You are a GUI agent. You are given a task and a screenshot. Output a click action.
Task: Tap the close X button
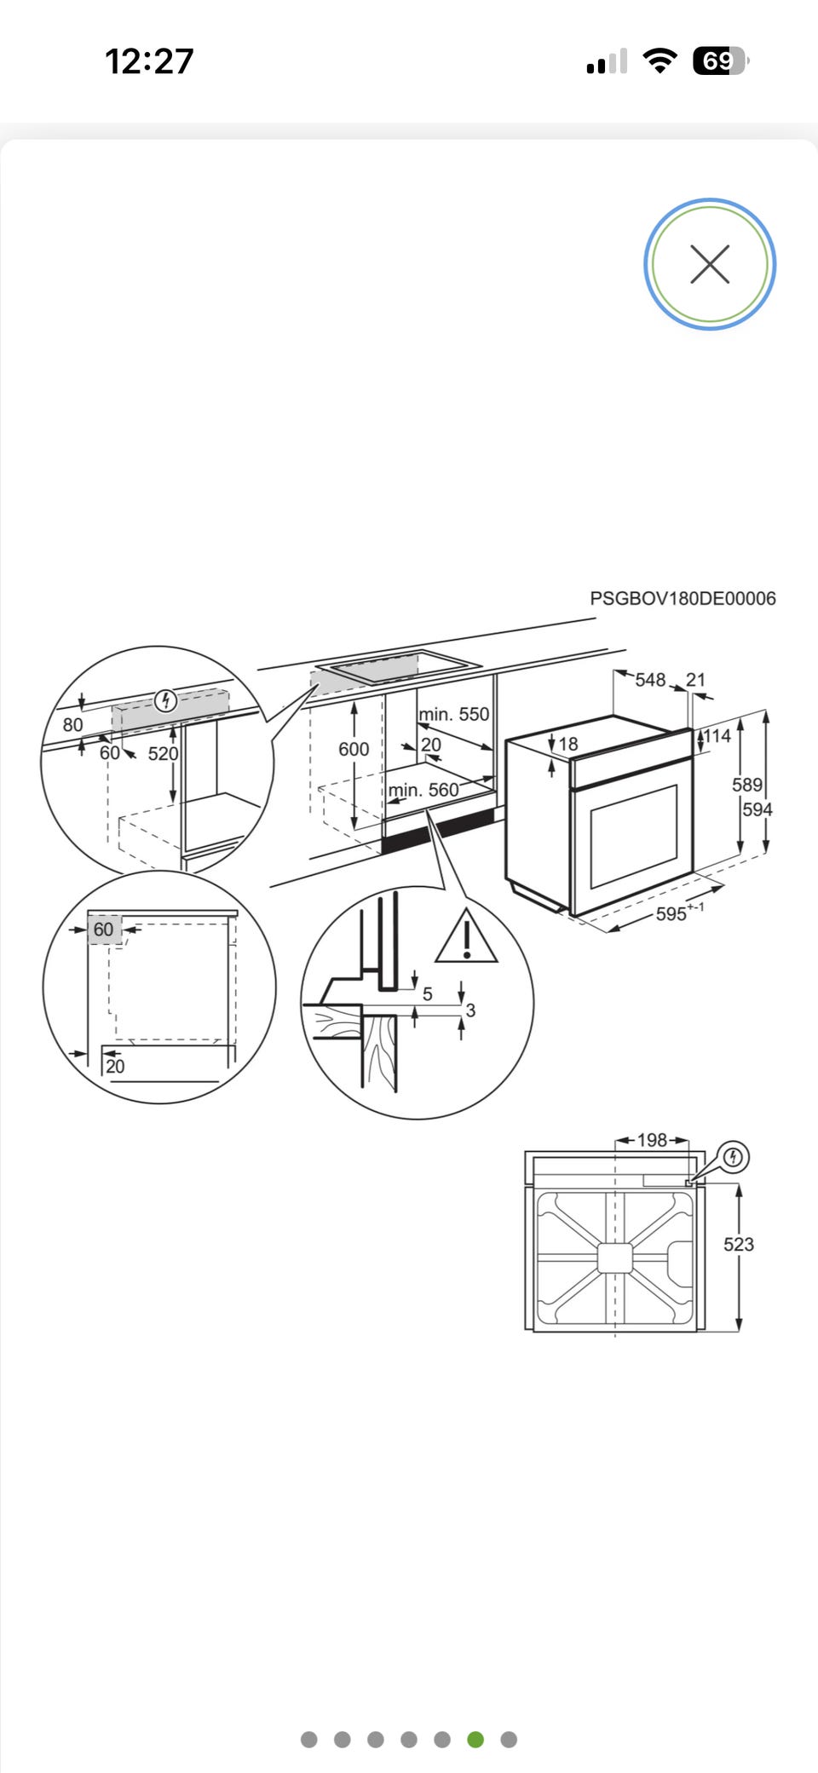point(710,264)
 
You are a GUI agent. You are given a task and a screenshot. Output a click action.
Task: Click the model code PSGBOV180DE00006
point(683,599)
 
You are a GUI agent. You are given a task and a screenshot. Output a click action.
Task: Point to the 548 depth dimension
point(649,680)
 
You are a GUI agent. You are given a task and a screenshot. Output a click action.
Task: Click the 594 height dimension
point(758,809)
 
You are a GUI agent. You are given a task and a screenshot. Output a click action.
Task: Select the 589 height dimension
point(746,785)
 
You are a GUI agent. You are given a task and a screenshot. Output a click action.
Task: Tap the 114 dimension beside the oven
point(717,736)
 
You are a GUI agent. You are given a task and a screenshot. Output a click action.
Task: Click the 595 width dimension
point(671,914)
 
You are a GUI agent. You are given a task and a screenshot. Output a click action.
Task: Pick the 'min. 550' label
point(454,714)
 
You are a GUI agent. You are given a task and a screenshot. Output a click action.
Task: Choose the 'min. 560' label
point(423,791)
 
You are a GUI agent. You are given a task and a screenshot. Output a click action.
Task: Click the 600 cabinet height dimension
point(354,749)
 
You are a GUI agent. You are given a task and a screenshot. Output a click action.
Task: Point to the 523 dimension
point(739,1245)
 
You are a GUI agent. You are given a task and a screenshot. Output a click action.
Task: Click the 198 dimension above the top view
point(652,1140)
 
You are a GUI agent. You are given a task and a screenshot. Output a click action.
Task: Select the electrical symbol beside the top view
point(734,1157)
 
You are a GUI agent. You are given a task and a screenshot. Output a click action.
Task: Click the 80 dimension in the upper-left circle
point(73,725)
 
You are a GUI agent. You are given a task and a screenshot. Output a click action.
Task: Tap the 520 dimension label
point(163,754)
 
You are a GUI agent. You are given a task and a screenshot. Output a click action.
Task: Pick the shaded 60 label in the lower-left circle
point(104,930)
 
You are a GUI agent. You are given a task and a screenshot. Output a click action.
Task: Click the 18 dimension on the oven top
point(568,745)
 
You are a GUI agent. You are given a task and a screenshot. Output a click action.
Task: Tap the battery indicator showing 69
point(718,61)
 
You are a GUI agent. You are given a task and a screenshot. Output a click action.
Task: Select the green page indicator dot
point(475,1740)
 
